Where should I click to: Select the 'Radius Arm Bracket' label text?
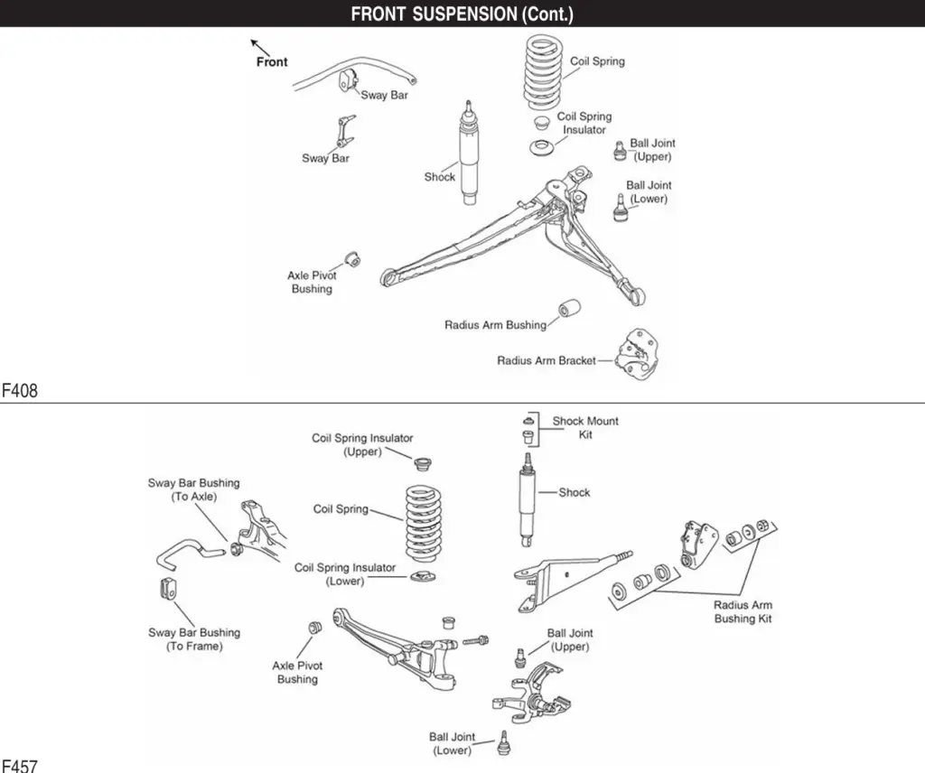(x=546, y=360)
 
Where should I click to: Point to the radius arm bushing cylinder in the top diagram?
(x=569, y=309)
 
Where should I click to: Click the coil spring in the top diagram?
(x=543, y=71)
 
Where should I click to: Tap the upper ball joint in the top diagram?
(x=620, y=150)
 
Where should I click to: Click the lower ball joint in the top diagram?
(x=620, y=210)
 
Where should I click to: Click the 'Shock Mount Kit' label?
(x=585, y=427)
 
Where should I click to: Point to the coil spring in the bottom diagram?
(x=424, y=522)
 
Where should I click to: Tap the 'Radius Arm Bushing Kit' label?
(x=743, y=611)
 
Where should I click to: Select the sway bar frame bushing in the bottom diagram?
(x=167, y=588)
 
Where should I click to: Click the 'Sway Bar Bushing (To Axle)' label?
(x=193, y=489)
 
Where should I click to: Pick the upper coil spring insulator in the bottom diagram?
(x=420, y=463)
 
